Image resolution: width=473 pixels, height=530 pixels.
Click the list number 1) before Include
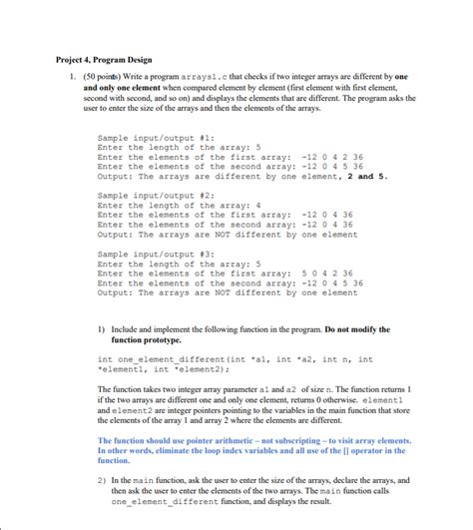[x=103, y=329]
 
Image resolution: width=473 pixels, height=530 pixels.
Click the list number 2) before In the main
[x=103, y=480]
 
